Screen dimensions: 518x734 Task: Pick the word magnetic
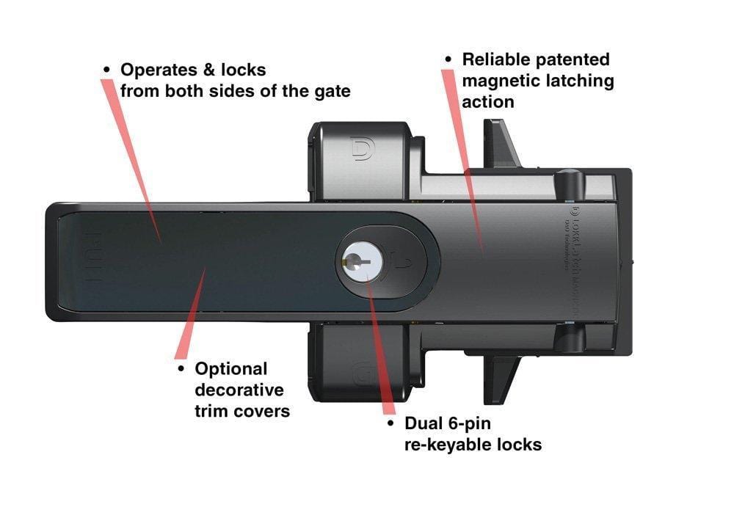(495, 81)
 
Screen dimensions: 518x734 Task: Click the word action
(487, 102)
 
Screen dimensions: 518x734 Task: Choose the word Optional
(231, 369)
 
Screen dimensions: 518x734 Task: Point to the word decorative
(239, 390)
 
